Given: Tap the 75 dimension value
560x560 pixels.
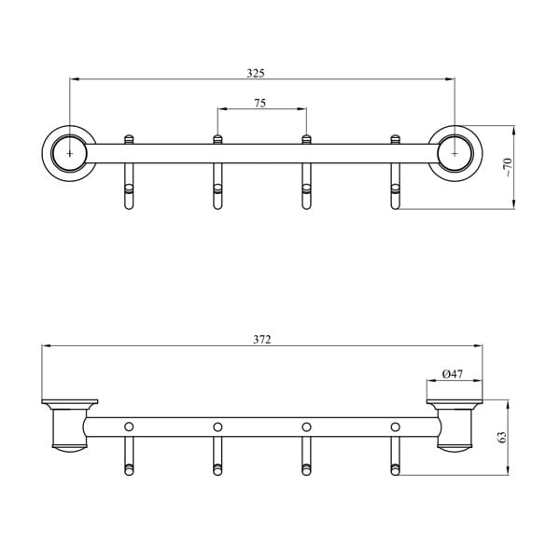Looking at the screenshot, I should point(260,104).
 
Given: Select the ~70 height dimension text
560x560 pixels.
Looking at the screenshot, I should point(508,167).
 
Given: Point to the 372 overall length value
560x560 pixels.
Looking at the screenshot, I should point(261,340).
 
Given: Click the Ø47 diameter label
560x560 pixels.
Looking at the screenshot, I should point(453,374).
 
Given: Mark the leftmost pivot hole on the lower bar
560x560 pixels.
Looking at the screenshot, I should point(129,427).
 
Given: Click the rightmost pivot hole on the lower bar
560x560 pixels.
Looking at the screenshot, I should point(395,427).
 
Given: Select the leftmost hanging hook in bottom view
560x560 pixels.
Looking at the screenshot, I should point(129,457).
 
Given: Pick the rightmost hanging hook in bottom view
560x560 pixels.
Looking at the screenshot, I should point(395,457).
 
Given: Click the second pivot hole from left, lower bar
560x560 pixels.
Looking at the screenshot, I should point(217,427).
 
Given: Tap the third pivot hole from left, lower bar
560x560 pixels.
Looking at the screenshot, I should point(306,427).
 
